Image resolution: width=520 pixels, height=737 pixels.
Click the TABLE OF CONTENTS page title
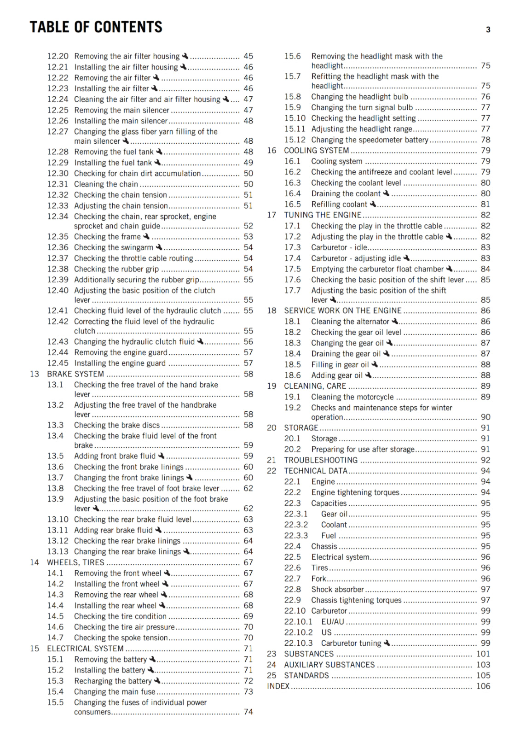pyautogui.click(x=96, y=27)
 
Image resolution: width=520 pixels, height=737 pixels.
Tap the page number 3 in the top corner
pyautogui.click(x=488, y=30)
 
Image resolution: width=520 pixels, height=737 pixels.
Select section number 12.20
pyautogui.click(x=58, y=56)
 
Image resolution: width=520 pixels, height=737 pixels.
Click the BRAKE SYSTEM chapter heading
pyautogui.click(x=75, y=374)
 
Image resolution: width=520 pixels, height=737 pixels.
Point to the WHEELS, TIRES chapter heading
pyautogui.click(x=75, y=562)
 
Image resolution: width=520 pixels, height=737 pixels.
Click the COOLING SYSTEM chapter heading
pyautogui.click(x=316, y=151)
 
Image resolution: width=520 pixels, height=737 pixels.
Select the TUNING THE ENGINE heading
pyautogui.click(x=323, y=215)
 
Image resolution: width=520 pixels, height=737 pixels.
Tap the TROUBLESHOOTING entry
pyautogui.click(x=321, y=460)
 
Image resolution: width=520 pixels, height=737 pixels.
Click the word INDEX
pyautogui.click(x=278, y=686)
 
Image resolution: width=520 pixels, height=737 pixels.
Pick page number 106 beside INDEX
pyautogui.click(x=483, y=686)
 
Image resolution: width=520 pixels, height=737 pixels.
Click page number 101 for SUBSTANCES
pyautogui.click(x=483, y=654)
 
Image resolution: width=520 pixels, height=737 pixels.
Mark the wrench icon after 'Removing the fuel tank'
pyautogui.click(x=159, y=152)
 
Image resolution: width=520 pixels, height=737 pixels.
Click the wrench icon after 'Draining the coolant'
pyautogui.click(x=387, y=193)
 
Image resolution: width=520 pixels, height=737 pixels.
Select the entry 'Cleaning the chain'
pyautogui.click(x=106, y=184)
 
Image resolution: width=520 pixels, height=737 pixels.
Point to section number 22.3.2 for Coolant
pyautogui.click(x=296, y=525)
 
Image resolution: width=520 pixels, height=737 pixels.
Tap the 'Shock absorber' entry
pyautogui.click(x=337, y=590)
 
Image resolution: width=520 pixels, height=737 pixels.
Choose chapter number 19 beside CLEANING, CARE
pyautogui.click(x=272, y=386)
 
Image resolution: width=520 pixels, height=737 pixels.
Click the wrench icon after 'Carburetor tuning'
pyautogui.click(x=387, y=643)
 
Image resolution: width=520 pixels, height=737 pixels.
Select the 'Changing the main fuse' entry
pyautogui.click(x=115, y=692)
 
